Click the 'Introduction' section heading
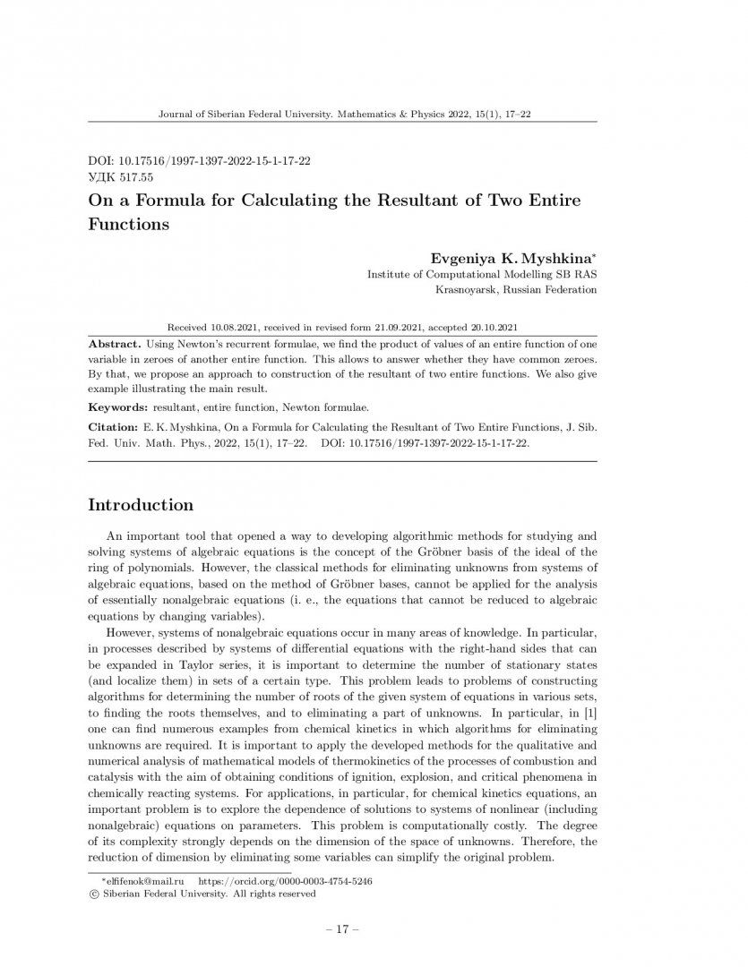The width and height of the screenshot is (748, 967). [x=140, y=505]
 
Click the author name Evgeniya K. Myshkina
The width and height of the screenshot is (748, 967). [x=514, y=258]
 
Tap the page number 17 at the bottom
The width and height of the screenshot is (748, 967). [x=341, y=929]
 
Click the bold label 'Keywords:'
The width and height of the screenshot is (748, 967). [x=120, y=406]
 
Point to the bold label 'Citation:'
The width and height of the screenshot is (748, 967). [x=117, y=427]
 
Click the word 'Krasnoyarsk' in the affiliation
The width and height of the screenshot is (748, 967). [x=465, y=290]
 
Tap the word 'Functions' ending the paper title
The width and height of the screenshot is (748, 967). [x=128, y=224]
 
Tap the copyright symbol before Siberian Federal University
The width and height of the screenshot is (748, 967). [x=93, y=894]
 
